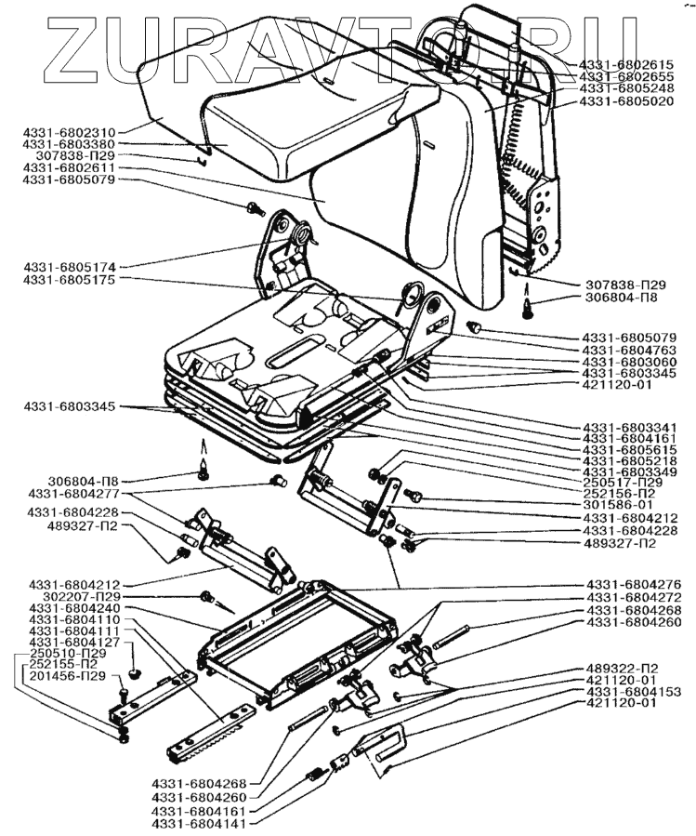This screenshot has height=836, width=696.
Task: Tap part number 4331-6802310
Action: (69, 132)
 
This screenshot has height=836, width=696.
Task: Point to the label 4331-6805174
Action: (69, 266)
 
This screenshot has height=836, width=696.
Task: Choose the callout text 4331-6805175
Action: (69, 279)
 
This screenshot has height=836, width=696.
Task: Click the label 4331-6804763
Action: (629, 349)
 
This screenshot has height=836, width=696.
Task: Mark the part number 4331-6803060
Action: (629, 361)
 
